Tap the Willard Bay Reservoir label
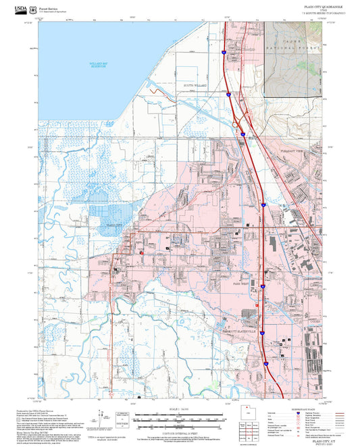click(99, 65)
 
